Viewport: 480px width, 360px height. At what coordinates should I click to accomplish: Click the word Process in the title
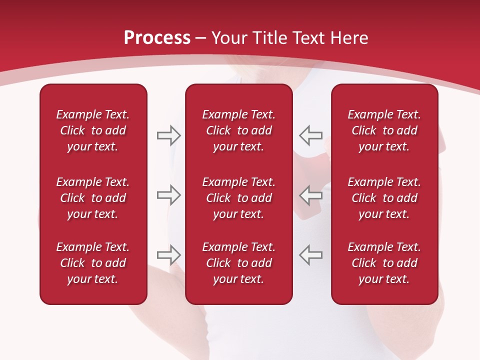[157, 38]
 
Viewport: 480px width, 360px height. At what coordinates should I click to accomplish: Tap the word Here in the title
[349, 38]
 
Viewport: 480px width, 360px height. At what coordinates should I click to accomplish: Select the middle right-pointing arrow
[168, 195]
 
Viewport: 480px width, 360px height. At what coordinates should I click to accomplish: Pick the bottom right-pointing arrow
[168, 254]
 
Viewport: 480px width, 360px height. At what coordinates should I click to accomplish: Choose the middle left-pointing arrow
[311, 195]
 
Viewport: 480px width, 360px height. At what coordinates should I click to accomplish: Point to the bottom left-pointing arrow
[311, 254]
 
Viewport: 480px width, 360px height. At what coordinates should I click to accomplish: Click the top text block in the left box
[93, 130]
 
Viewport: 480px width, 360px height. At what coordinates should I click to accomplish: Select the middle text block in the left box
[93, 198]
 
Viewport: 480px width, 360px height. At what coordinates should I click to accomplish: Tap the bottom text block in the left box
[93, 263]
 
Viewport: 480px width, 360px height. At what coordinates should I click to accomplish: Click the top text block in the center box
[239, 130]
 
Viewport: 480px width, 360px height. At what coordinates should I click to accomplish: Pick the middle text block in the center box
[239, 198]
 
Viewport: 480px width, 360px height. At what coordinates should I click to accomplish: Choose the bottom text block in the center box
[239, 263]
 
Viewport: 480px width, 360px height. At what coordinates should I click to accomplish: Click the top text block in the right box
[384, 130]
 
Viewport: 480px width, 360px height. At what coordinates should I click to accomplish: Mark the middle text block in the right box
[384, 198]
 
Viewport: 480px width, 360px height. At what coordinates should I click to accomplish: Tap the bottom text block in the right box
[384, 263]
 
